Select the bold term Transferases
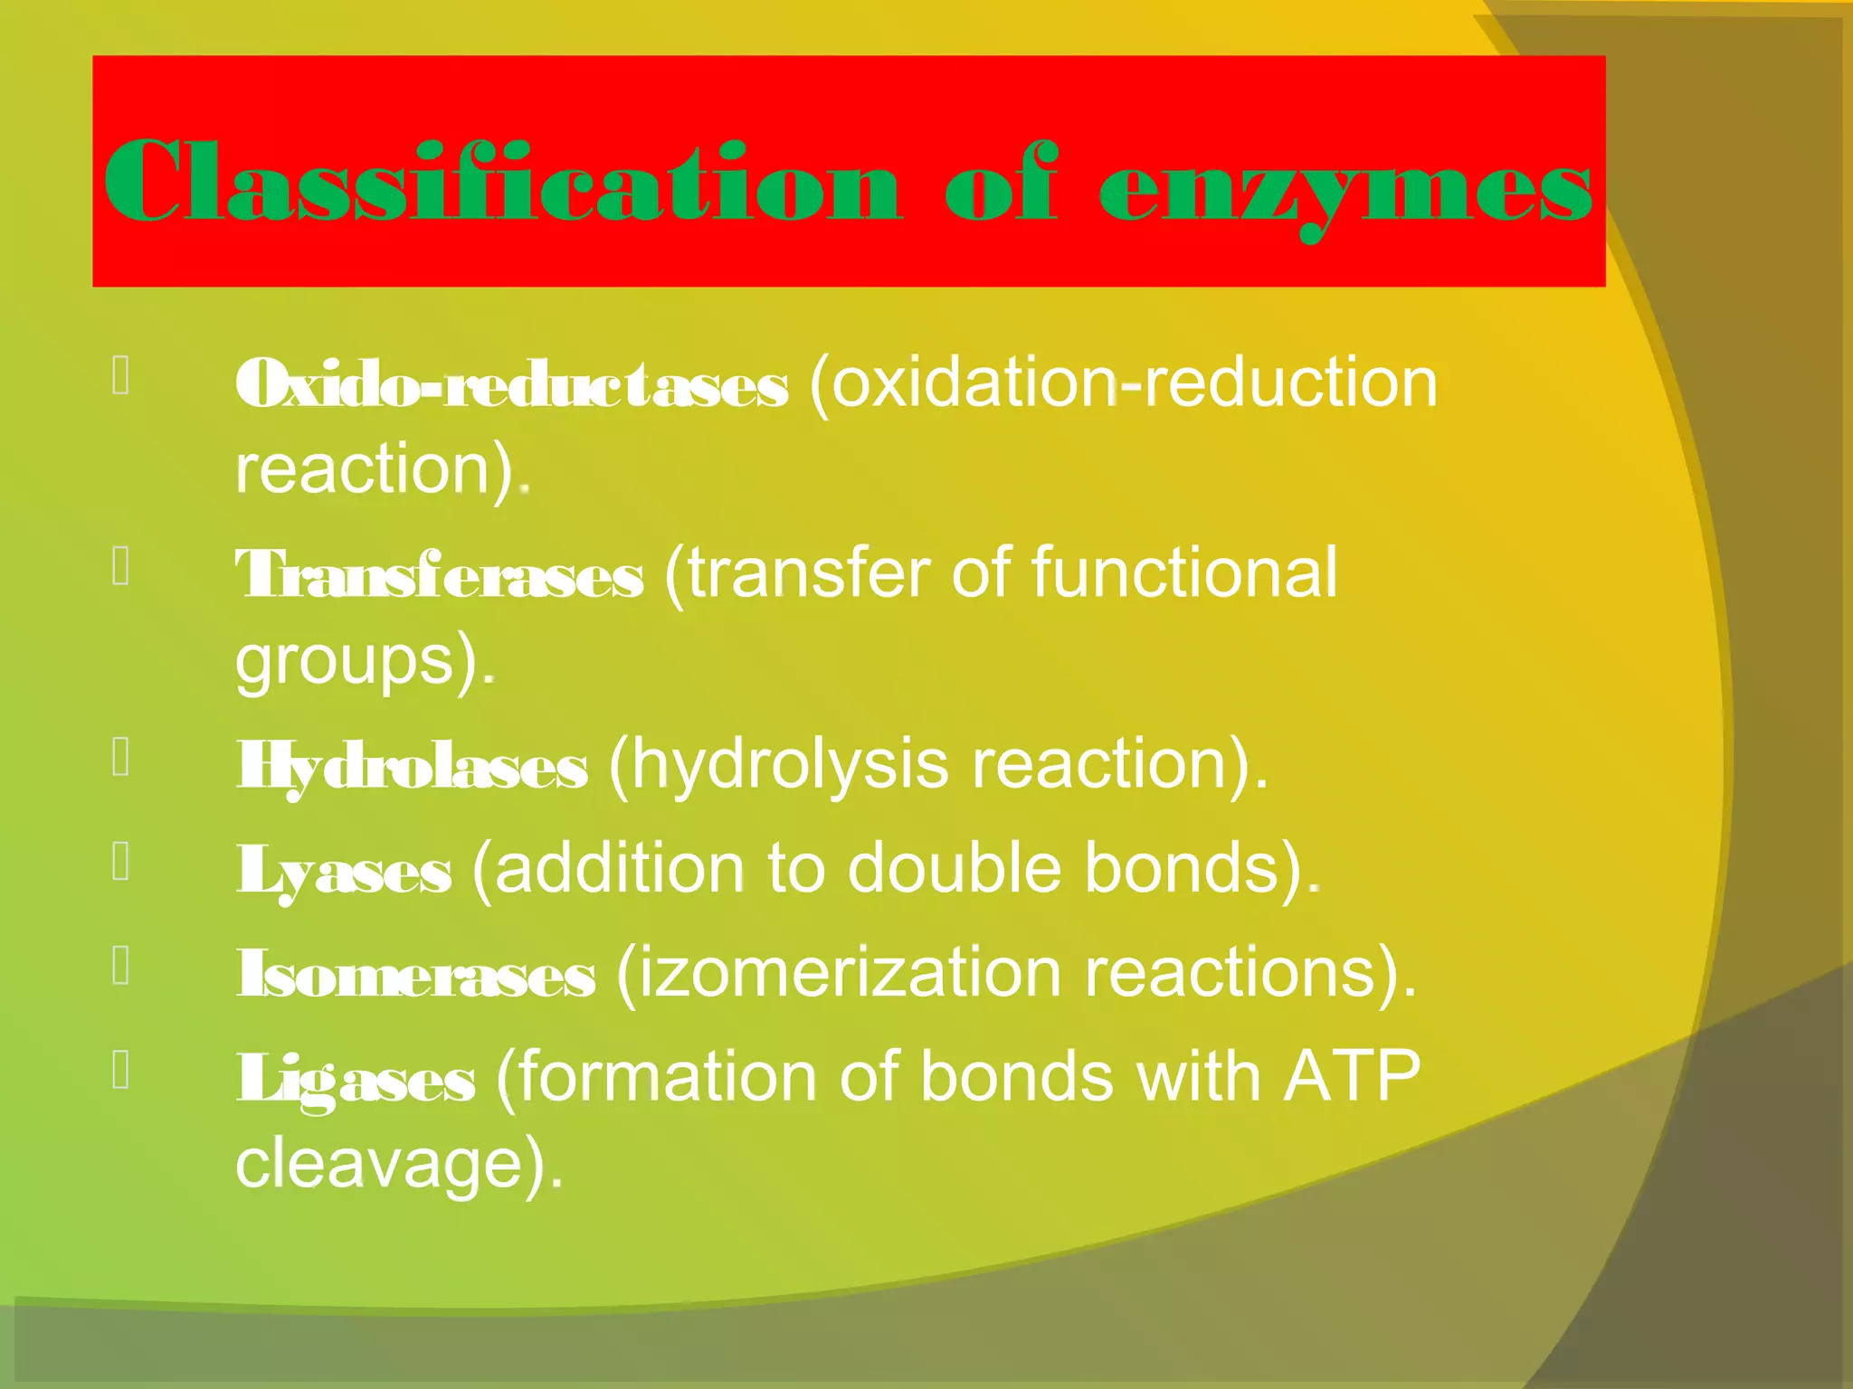click(440, 576)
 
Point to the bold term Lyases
click(344, 871)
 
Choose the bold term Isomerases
click(416, 975)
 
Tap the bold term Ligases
click(356, 1080)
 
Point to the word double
click(954, 869)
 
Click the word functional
click(1183, 572)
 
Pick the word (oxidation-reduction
click(1122, 383)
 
